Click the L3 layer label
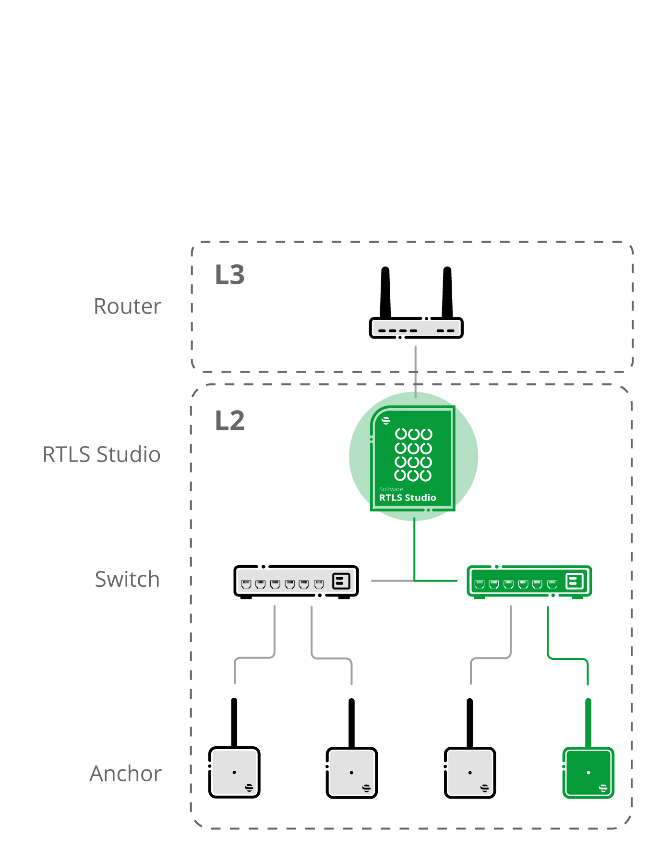(229, 275)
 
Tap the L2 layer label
(229, 421)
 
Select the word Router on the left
(127, 306)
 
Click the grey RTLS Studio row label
(101, 454)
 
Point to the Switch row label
(127, 579)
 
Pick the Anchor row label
(125, 774)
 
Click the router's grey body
(416, 328)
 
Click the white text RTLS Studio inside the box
(408, 498)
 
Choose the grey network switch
(296, 582)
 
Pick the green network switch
(529, 582)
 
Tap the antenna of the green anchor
(588, 722)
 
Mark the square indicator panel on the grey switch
(341, 581)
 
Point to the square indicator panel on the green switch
(575, 581)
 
